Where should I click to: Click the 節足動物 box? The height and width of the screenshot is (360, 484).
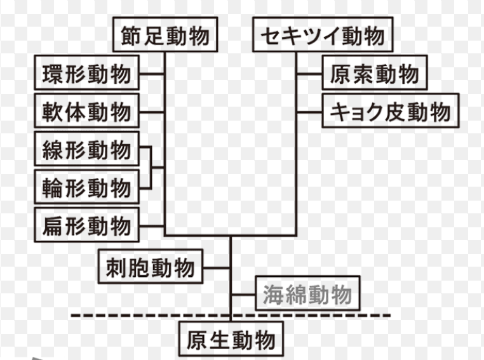[165, 36]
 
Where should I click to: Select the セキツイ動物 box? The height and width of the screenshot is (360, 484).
[322, 36]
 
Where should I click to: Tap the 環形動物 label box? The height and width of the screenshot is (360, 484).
[86, 74]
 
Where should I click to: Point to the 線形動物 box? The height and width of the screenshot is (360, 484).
[86, 150]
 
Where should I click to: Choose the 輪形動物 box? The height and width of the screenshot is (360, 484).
[86, 187]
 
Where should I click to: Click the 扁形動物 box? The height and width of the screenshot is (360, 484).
[86, 225]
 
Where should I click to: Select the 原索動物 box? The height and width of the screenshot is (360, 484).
[374, 74]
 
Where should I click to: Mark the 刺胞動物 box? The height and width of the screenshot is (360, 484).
[150, 267]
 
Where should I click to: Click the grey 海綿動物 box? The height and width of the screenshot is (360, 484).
[307, 295]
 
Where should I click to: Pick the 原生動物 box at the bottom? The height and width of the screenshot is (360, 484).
[231, 340]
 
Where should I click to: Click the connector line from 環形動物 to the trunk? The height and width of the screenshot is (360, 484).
[151, 74]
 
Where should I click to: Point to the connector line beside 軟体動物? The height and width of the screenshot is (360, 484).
[151, 112]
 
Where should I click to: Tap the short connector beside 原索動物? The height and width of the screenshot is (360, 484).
[309, 74]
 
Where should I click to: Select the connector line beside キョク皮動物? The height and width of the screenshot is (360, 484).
[309, 112]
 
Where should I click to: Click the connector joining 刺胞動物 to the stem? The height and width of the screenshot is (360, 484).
[217, 267]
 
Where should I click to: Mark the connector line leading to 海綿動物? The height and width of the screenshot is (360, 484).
[243, 295]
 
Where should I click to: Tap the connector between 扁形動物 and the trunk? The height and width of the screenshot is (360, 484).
[151, 225]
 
